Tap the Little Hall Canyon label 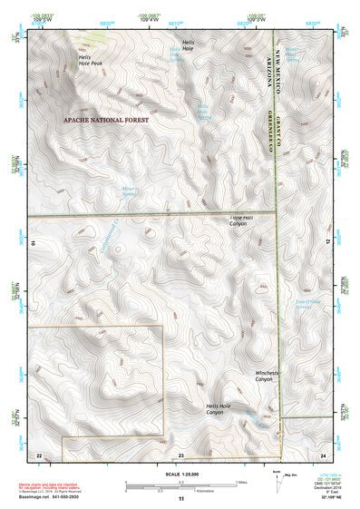pos(243,221)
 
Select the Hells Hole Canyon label pos(214,409)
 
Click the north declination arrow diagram pos(277,484)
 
